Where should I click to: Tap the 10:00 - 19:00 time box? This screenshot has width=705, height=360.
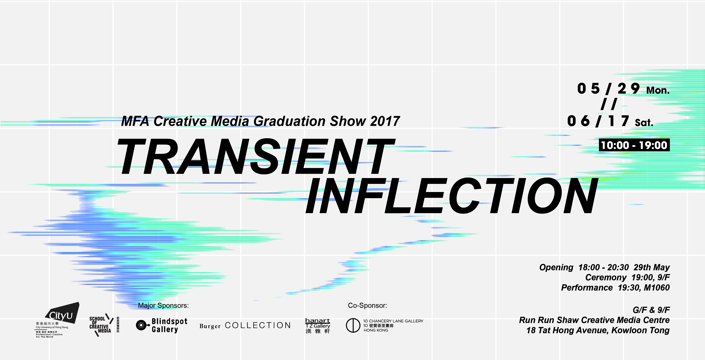tap(634, 145)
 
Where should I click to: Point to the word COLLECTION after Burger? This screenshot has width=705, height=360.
tap(258, 325)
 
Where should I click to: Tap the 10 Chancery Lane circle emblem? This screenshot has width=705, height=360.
tap(353, 325)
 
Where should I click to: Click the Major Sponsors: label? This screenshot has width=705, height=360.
tap(163, 306)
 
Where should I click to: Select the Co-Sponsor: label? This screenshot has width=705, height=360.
tap(367, 306)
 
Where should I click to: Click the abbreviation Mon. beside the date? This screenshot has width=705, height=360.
tap(658, 90)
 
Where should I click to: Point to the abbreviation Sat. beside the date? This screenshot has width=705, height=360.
tap(644, 122)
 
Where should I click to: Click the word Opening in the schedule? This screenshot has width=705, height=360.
tap(556, 267)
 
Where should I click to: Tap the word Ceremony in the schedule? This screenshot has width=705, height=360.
tap(606, 278)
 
